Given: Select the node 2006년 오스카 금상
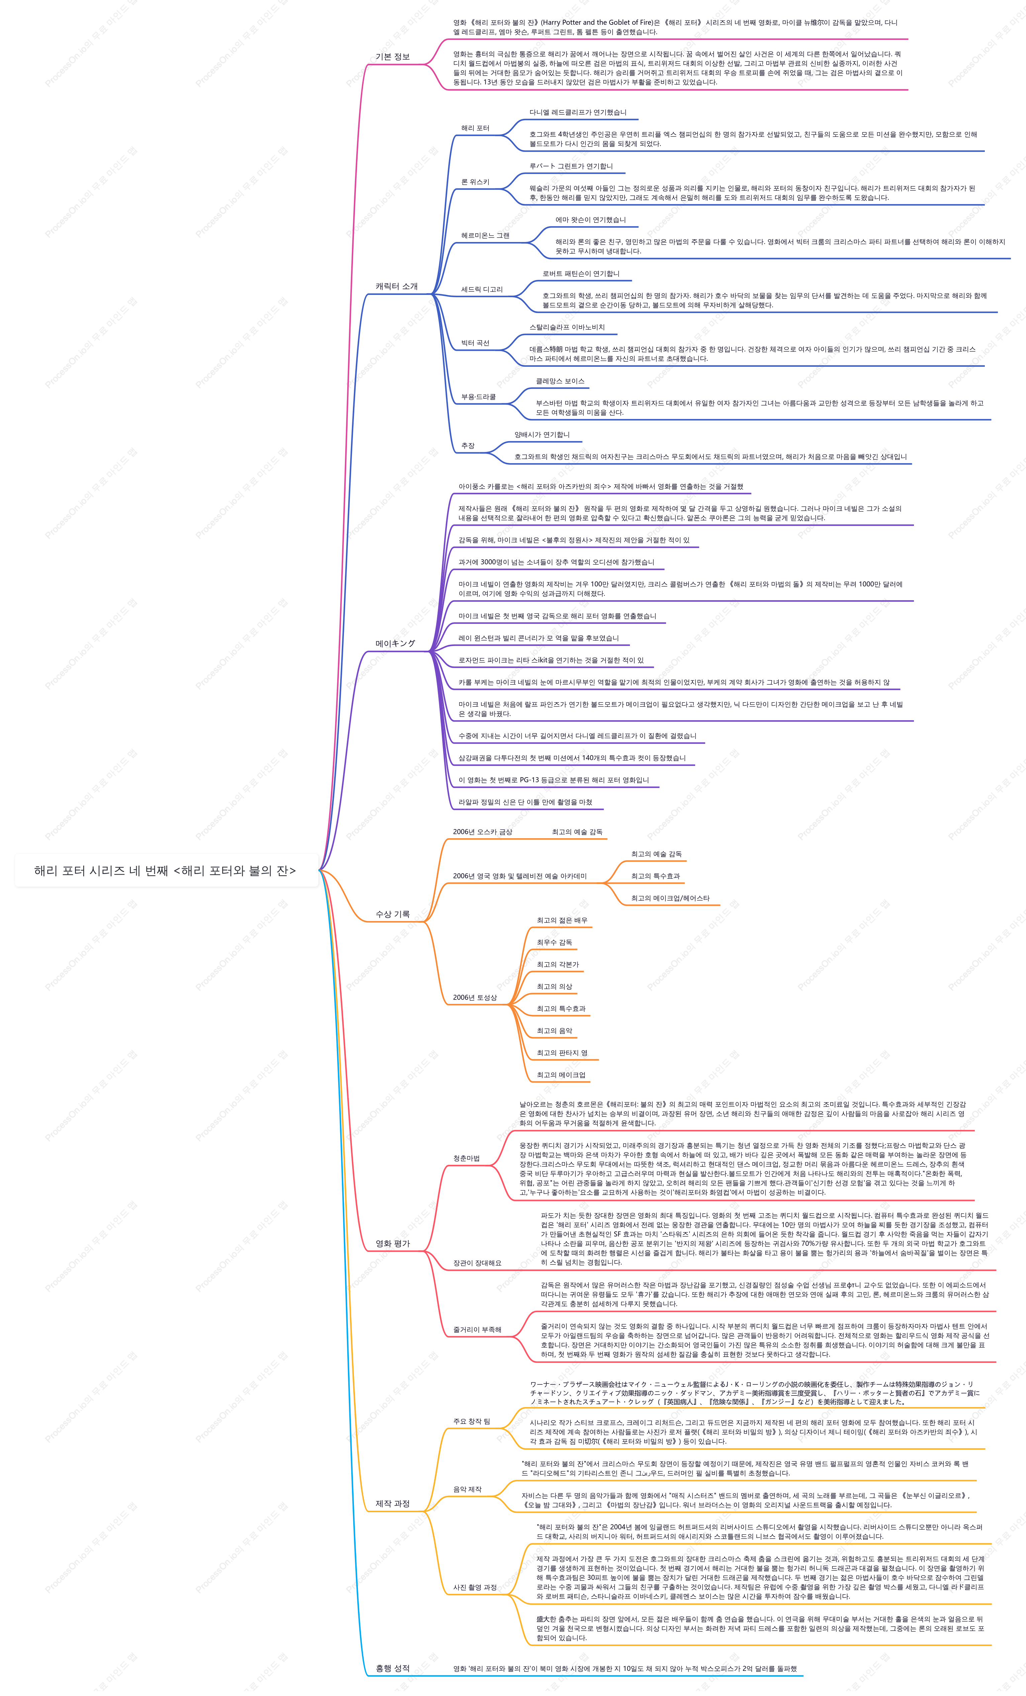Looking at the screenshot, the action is [x=482, y=831].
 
